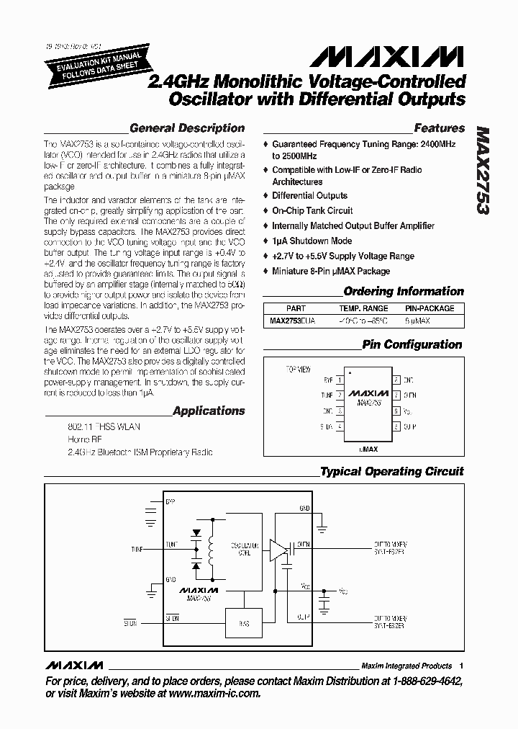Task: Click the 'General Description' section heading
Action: (187, 128)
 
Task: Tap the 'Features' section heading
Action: (439, 128)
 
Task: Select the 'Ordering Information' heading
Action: (404, 292)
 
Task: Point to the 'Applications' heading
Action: (209, 411)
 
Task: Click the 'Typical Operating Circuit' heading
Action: (391, 472)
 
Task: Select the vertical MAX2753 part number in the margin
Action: (483, 171)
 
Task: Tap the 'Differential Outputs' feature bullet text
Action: (309, 196)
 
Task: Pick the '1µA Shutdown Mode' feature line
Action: (312, 241)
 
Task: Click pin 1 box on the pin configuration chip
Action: (340, 379)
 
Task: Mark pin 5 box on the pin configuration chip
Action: (396, 426)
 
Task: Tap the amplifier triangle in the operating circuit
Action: (277, 551)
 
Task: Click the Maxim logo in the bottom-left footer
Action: (74, 665)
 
